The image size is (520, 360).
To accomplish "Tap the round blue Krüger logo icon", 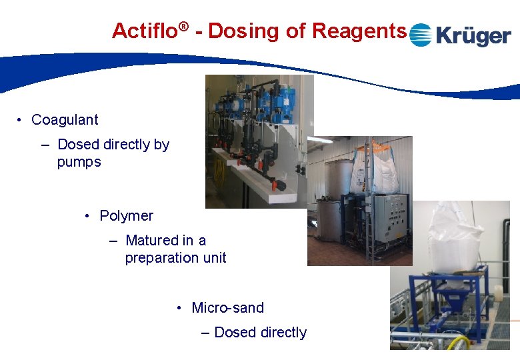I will tap(420, 35).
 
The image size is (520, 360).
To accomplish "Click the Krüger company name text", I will tap(473, 35).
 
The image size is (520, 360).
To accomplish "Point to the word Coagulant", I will tap(65, 120).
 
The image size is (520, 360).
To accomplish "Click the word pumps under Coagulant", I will tap(79, 162).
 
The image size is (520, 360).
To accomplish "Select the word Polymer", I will tap(126, 216).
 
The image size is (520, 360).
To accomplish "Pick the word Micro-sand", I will tap(227, 308).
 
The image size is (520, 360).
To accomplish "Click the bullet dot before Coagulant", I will tap(21, 120).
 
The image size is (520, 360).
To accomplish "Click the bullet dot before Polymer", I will tap(88, 216).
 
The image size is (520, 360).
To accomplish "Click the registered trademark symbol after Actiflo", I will tap(184, 26).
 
